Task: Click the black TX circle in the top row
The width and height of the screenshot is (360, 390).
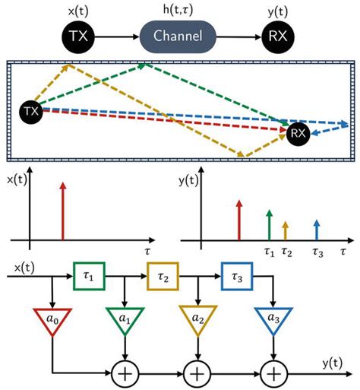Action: point(77,35)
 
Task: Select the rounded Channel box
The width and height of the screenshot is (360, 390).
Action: point(179,36)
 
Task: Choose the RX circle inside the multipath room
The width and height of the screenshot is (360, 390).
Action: point(298,134)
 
